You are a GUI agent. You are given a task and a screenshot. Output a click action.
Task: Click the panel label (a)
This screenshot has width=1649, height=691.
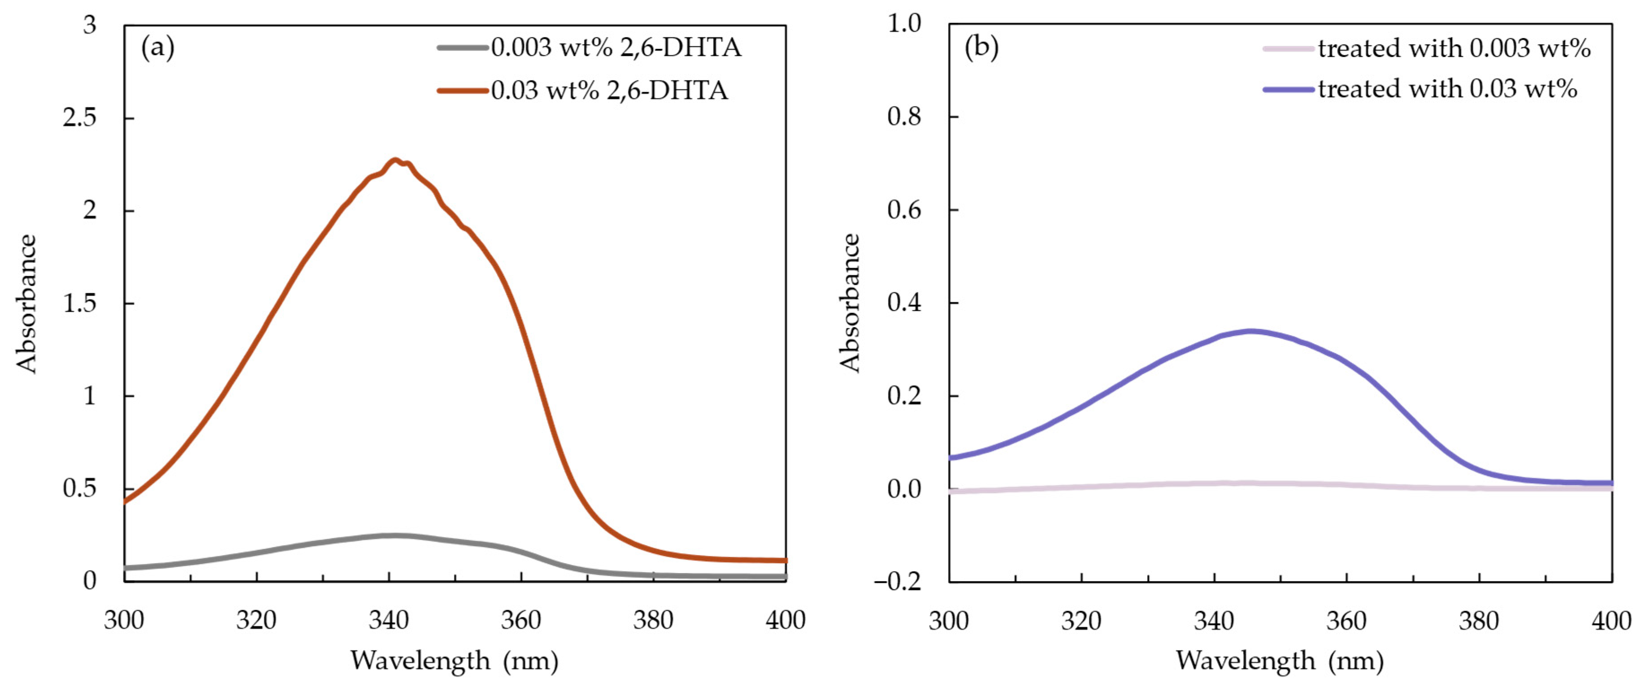point(157,48)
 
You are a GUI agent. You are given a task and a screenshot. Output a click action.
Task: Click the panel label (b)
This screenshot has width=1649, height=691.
point(981,48)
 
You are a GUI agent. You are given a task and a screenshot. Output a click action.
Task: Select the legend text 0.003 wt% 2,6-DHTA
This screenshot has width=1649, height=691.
point(616,48)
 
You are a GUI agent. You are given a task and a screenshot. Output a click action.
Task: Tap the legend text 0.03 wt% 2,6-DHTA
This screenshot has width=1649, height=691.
point(609,90)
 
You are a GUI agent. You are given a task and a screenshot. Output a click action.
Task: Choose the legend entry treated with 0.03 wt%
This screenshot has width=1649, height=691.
point(1447,89)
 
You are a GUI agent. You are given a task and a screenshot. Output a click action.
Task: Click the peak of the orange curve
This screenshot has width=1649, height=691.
point(395,160)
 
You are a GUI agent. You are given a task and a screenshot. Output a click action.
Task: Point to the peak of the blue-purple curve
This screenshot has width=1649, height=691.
point(1250,331)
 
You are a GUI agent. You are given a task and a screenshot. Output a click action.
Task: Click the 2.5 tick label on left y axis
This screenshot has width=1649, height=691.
point(79,118)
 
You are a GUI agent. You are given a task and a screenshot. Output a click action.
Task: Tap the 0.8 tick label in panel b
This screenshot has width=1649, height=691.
point(904,117)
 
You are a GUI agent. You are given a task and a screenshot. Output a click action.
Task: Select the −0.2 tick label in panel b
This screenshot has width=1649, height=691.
point(898,581)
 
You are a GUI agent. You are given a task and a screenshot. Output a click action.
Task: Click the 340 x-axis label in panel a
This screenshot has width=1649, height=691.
point(389,620)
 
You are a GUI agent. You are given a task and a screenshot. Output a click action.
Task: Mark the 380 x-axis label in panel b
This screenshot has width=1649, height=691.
point(1479,621)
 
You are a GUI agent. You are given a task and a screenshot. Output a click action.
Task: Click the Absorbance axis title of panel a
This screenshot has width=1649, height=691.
point(27,303)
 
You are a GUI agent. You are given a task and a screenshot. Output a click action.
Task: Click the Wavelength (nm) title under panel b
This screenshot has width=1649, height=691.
point(1280,660)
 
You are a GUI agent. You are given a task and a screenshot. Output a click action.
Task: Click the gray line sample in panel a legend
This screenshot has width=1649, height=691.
point(462,48)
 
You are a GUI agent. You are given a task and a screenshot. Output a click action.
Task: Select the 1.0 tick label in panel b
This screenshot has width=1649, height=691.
point(904,24)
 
